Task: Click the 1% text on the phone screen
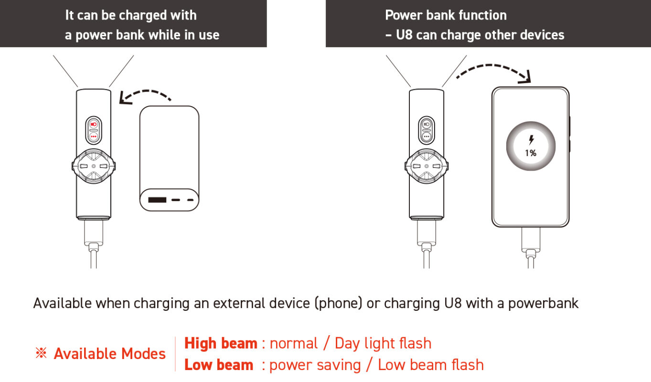[530, 153]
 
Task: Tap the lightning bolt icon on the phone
[531, 140]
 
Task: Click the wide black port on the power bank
[157, 200]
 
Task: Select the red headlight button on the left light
[94, 124]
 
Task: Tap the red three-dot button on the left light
[94, 137]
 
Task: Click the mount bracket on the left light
[94, 166]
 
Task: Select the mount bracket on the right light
[427, 166]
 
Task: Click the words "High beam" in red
[221, 343]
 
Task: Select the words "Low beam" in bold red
[219, 365]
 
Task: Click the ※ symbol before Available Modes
[41, 353]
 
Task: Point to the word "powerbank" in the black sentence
[543, 304]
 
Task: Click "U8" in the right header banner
[404, 35]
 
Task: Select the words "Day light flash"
[383, 343]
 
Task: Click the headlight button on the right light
[427, 124]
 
